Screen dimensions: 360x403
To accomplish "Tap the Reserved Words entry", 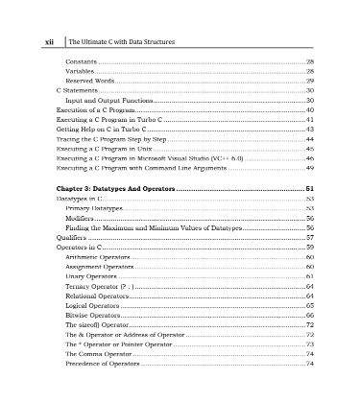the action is pyautogui.click(x=90, y=81).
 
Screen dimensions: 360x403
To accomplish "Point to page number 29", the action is pyautogui.click(x=310, y=81).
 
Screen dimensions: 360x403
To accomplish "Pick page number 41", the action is pyautogui.click(x=310, y=120).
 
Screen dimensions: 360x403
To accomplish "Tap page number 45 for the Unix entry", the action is pyautogui.click(x=310, y=150).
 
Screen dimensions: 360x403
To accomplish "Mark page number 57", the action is pyautogui.click(x=310, y=238).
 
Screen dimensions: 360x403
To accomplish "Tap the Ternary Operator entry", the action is pyautogui.click(x=105, y=287).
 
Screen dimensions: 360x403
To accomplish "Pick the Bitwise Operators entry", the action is pyautogui.click(x=97, y=316).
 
